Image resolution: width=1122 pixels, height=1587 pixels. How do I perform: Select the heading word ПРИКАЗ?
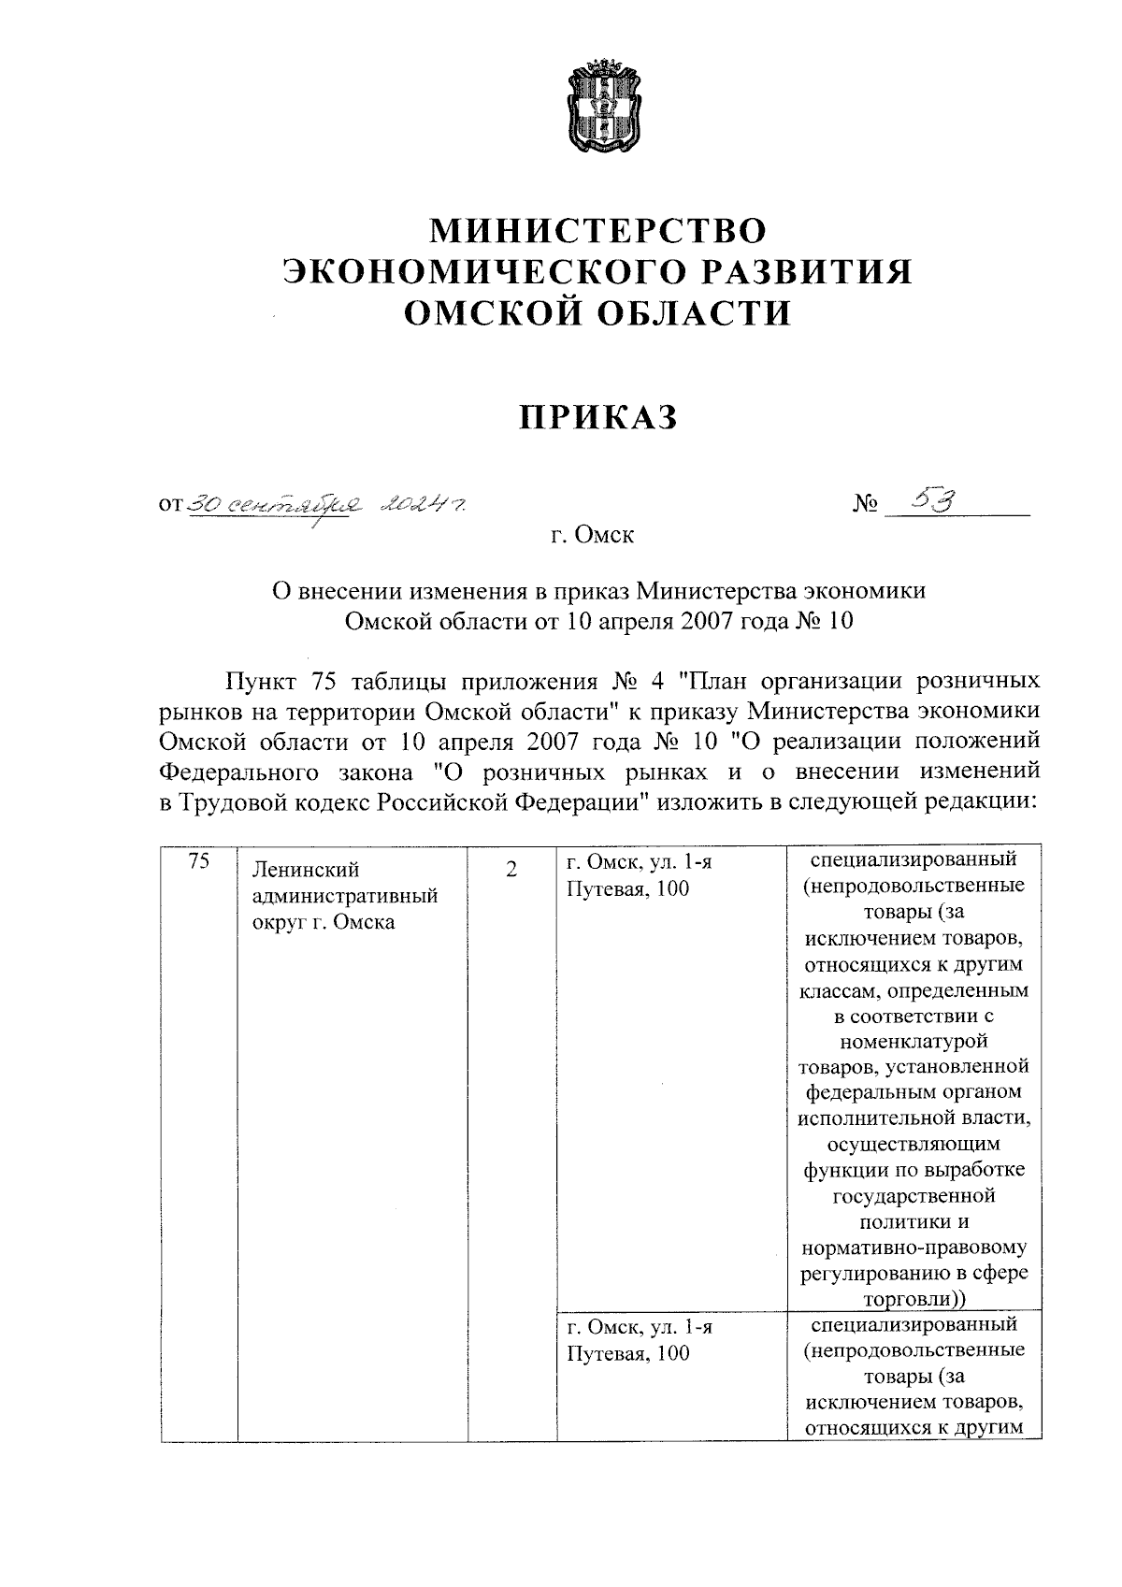[x=598, y=418]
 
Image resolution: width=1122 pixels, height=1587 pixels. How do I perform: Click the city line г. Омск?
[x=592, y=536]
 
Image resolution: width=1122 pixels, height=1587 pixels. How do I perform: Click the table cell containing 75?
[x=198, y=862]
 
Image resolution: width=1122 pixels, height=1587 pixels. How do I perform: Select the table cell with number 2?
[x=511, y=870]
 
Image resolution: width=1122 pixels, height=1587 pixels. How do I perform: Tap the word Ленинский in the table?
[x=307, y=871]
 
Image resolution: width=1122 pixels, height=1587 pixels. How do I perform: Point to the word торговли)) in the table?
[x=914, y=1299]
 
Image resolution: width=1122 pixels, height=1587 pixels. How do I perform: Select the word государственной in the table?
[x=913, y=1196]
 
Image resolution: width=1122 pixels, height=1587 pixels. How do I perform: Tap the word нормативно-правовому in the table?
[x=913, y=1248]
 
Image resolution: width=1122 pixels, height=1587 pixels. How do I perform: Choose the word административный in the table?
[x=346, y=897]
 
